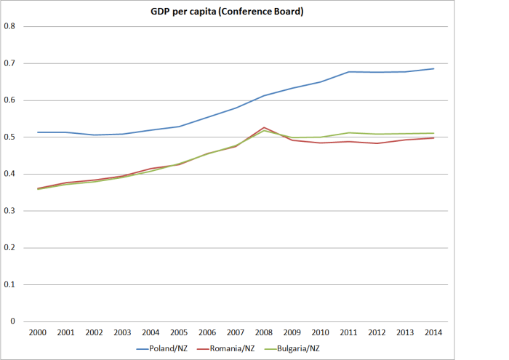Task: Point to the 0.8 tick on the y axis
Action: [10, 26]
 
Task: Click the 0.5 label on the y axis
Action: [10, 137]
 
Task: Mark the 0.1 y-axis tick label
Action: [10, 284]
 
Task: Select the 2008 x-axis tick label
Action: [263, 332]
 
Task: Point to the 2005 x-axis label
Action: [179, 332]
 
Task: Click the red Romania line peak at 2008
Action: [263, 127]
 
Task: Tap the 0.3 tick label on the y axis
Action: [10, 211]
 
